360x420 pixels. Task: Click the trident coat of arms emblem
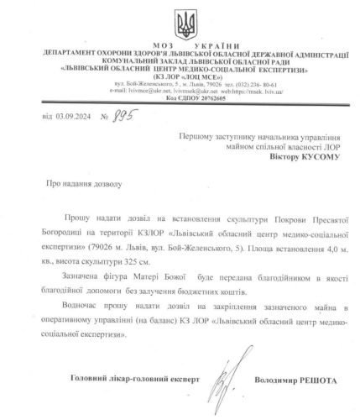click(180, 19)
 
